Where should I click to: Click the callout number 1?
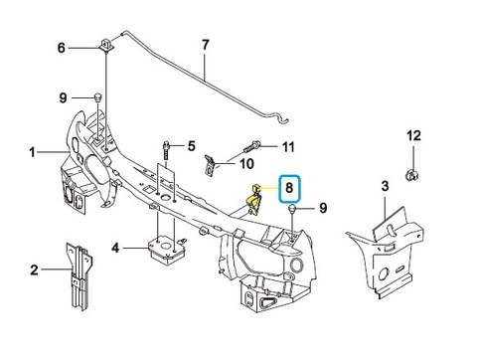[x=32, y=152]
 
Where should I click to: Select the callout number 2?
[x=34, y=270]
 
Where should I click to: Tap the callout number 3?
[x=385, y=186]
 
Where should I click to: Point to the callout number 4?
[x=115, y=248]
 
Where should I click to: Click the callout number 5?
[x=192, y=146]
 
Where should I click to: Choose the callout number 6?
[x=62, y=48]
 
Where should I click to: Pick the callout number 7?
[x=206, y=45]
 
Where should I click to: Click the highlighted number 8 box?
[x=289, y=188]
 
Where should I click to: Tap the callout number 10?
[x=246, y=163]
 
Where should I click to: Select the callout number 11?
[x=288, y=146]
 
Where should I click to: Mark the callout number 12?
[x=413, y=135]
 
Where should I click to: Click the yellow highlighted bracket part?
[x=253, y=199]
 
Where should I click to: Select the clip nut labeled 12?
[x=411, y=175]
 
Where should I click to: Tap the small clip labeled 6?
[x=105, y=46]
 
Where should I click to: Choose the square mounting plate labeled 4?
[x=166, y=250]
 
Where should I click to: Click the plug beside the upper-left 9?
[x=97, y=97]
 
